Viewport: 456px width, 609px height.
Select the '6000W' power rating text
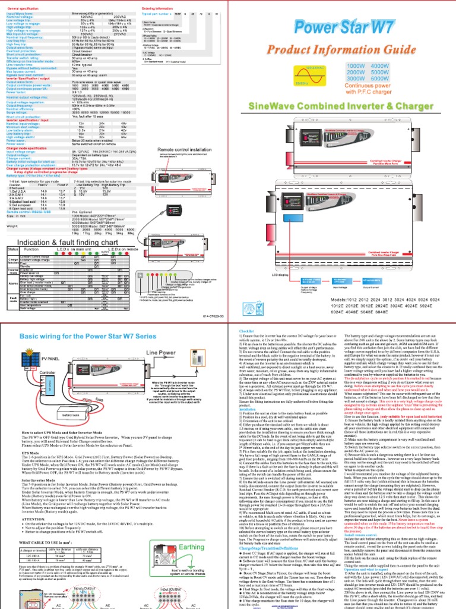408,79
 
